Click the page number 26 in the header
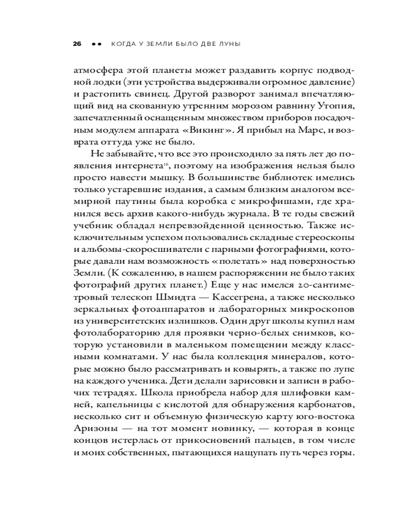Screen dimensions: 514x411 77,44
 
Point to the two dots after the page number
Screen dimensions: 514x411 96,44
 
